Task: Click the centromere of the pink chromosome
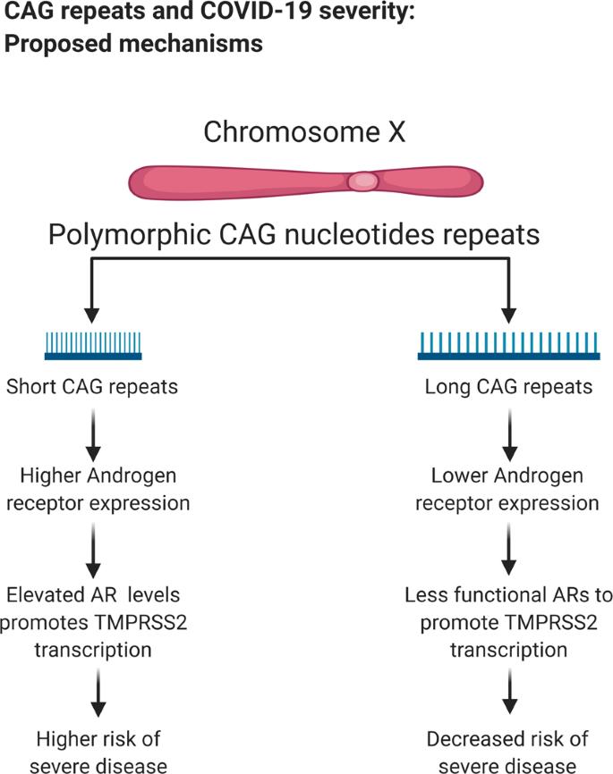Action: click(x=364, y=181)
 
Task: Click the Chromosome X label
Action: click(x=304, y=131)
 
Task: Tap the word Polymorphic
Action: click(x=130, y=235)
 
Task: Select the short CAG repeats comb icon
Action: click(x=93, y=346)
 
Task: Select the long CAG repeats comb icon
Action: click(x=508, y=346)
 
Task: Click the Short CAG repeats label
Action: click(x=92, y=387)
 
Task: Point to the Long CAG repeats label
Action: click(x=508, y=387)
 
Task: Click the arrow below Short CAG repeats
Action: click(x=93, y=435)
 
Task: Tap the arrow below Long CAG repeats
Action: click(x=510, y=435)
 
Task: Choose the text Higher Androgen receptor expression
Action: click(x=98, y=489)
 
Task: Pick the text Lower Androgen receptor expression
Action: click(x=507, y=489)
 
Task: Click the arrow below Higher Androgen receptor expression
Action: click(x=93, y=551)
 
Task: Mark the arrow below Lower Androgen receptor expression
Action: click(x=508, y=550)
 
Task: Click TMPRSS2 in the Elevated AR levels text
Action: click(x=140, y=622)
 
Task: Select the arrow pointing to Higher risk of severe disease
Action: click(x=98, y=693)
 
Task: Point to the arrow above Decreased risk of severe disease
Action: click(x=510, y=692)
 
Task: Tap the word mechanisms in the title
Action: click(x=192, y=44)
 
